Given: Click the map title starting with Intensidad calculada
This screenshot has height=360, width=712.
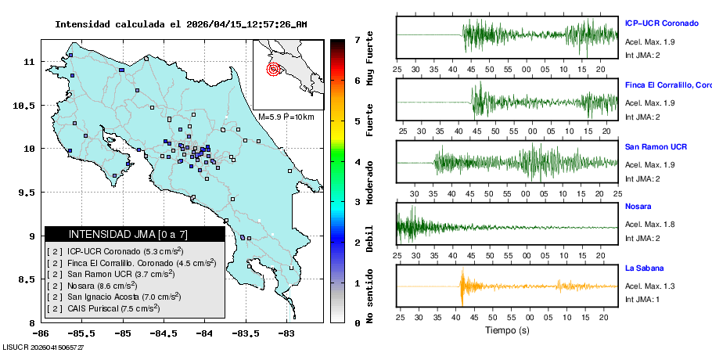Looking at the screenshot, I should pos(181,24).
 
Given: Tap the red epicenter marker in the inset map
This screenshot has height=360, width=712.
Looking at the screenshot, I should pos(273,69).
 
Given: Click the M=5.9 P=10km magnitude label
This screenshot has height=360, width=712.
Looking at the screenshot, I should pos(286,117).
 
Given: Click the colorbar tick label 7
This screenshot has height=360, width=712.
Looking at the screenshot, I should pos(356,39).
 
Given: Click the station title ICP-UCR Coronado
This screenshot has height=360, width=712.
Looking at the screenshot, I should pos(661,23).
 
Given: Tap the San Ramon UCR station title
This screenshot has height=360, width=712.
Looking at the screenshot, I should pos(656,147).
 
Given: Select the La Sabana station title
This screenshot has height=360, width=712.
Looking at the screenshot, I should pos(645,268).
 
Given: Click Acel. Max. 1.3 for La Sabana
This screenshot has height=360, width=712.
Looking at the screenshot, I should pos(649,286).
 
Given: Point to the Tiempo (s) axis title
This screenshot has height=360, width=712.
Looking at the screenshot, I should pos(507,331).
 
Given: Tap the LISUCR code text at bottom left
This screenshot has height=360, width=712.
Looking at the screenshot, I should pos(43,347).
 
